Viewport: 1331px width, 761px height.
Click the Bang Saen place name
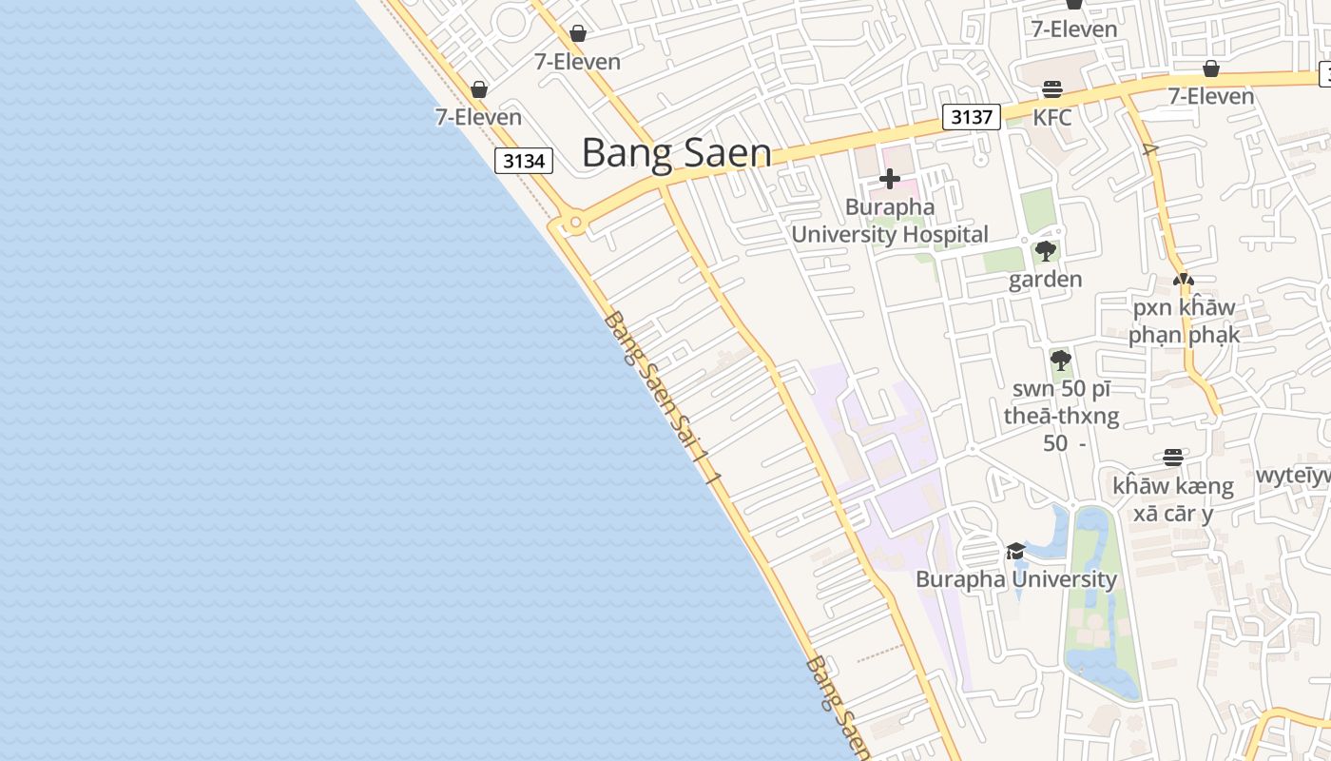pyautogui.click(x=676, y=152)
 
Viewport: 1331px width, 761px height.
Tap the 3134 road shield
pyautogui.click(x=524, y=161)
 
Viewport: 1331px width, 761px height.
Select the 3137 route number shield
pyautogui.click(x=972, y=117)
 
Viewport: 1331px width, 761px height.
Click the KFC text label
pyautogui.click(x=1052, y=117)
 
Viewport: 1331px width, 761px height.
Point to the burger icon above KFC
pyautogui.click(x=1052, y=89)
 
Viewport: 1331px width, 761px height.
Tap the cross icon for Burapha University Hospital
pyautogui.click(x=890, y=179)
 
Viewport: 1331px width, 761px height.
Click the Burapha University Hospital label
pyautogui.click(x=890, y=221)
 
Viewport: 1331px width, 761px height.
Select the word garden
pyautogui.click(x=1045, y=279)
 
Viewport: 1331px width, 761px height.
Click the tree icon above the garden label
pyautogui.click(x=1046, y=252)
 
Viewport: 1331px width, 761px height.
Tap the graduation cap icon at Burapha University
pyautogui.click(x=1015, y=552)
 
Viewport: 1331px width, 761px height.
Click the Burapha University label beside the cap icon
pyautogui.click(x=1015, y=578)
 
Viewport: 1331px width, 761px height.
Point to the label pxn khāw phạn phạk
pyautogui.click(x=1184, y=321)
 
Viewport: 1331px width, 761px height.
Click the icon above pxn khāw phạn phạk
pyautogui.click(x=1183, y=281)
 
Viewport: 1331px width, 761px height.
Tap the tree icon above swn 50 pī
pyautogui.click(x=1061, y=361)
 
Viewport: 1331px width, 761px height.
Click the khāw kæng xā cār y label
pyautogui.click(x=1172, y=499)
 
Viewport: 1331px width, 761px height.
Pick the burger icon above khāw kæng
pyautogui.click(x=1173, y=458)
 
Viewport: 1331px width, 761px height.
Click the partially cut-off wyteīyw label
pyautogui.click(x=1293, y=475)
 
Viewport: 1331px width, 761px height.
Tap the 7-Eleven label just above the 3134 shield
pyautogui.click(x=478, y=117)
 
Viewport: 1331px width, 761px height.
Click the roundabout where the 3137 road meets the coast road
pyautogui.click(x=574, y=224)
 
